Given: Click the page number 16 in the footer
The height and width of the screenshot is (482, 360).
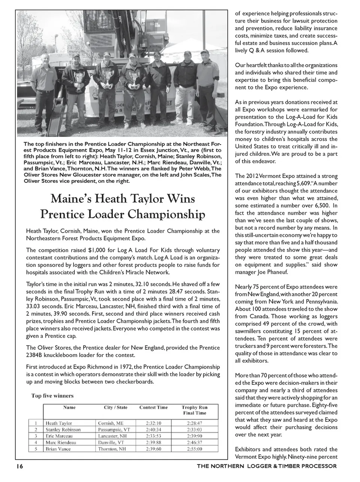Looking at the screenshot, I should tap(20, 466).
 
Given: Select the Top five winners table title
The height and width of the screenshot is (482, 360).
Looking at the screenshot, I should tap(52, 396).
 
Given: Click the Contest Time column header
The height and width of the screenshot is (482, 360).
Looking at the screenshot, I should tap(153, 407).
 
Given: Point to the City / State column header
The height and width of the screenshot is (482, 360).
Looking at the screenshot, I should tap(115, 407).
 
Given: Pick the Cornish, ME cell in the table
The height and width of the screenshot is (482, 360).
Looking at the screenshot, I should tap(111, 423).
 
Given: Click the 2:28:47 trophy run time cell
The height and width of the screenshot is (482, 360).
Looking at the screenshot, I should tap(194, 423).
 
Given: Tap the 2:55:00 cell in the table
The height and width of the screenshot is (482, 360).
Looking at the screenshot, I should tap(194, 449).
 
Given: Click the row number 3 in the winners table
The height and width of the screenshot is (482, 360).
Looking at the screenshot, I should tap(36, 436).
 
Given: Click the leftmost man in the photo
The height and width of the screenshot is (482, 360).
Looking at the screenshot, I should tap(45, 90).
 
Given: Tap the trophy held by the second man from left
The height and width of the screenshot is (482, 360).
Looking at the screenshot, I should tap(79, 79).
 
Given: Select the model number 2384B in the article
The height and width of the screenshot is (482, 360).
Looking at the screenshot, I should tap(35, 355).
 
